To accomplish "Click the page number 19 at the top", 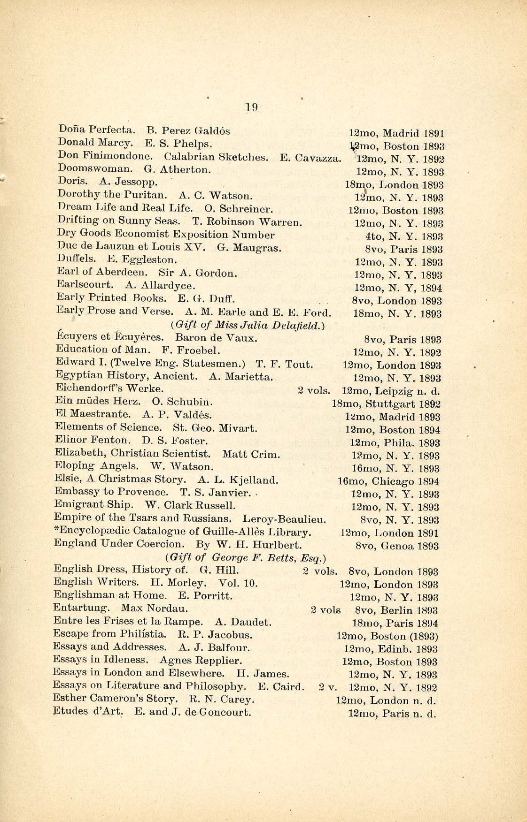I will click(x=251, y=107).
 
